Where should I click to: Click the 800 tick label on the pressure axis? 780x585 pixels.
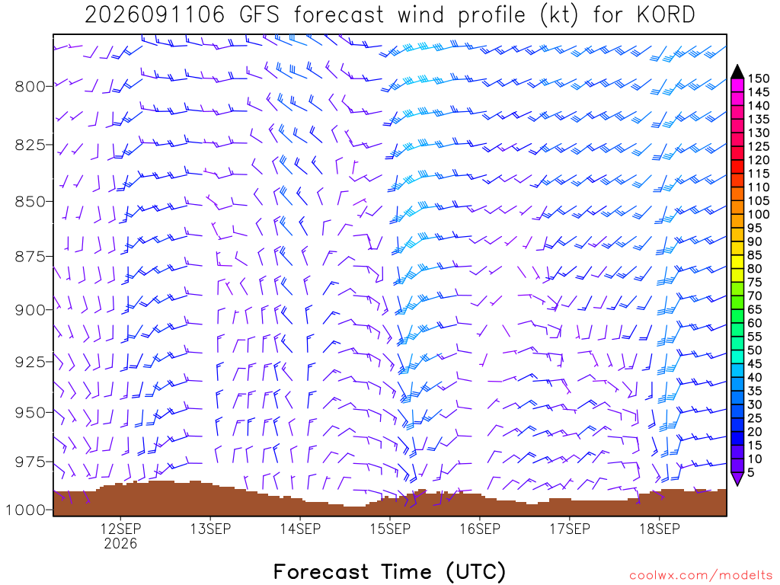30,87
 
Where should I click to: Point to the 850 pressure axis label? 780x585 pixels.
30,202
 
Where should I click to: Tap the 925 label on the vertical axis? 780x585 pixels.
30,362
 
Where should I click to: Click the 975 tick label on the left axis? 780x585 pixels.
30,462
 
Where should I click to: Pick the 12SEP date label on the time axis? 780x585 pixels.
121,529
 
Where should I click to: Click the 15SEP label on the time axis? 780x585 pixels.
391,529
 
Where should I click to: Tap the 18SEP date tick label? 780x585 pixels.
660,529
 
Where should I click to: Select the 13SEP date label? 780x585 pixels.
210,529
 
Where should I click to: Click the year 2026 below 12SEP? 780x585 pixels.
121,543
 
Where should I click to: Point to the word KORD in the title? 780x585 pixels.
666,15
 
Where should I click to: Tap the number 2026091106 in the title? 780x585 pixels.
155,15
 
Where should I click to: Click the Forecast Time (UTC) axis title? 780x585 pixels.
390,571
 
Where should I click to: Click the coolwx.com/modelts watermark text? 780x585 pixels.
701,576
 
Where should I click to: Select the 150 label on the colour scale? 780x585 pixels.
759,78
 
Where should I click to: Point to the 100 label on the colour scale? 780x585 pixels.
759,214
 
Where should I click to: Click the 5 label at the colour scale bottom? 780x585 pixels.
751,472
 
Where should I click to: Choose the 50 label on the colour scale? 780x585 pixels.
755,350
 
